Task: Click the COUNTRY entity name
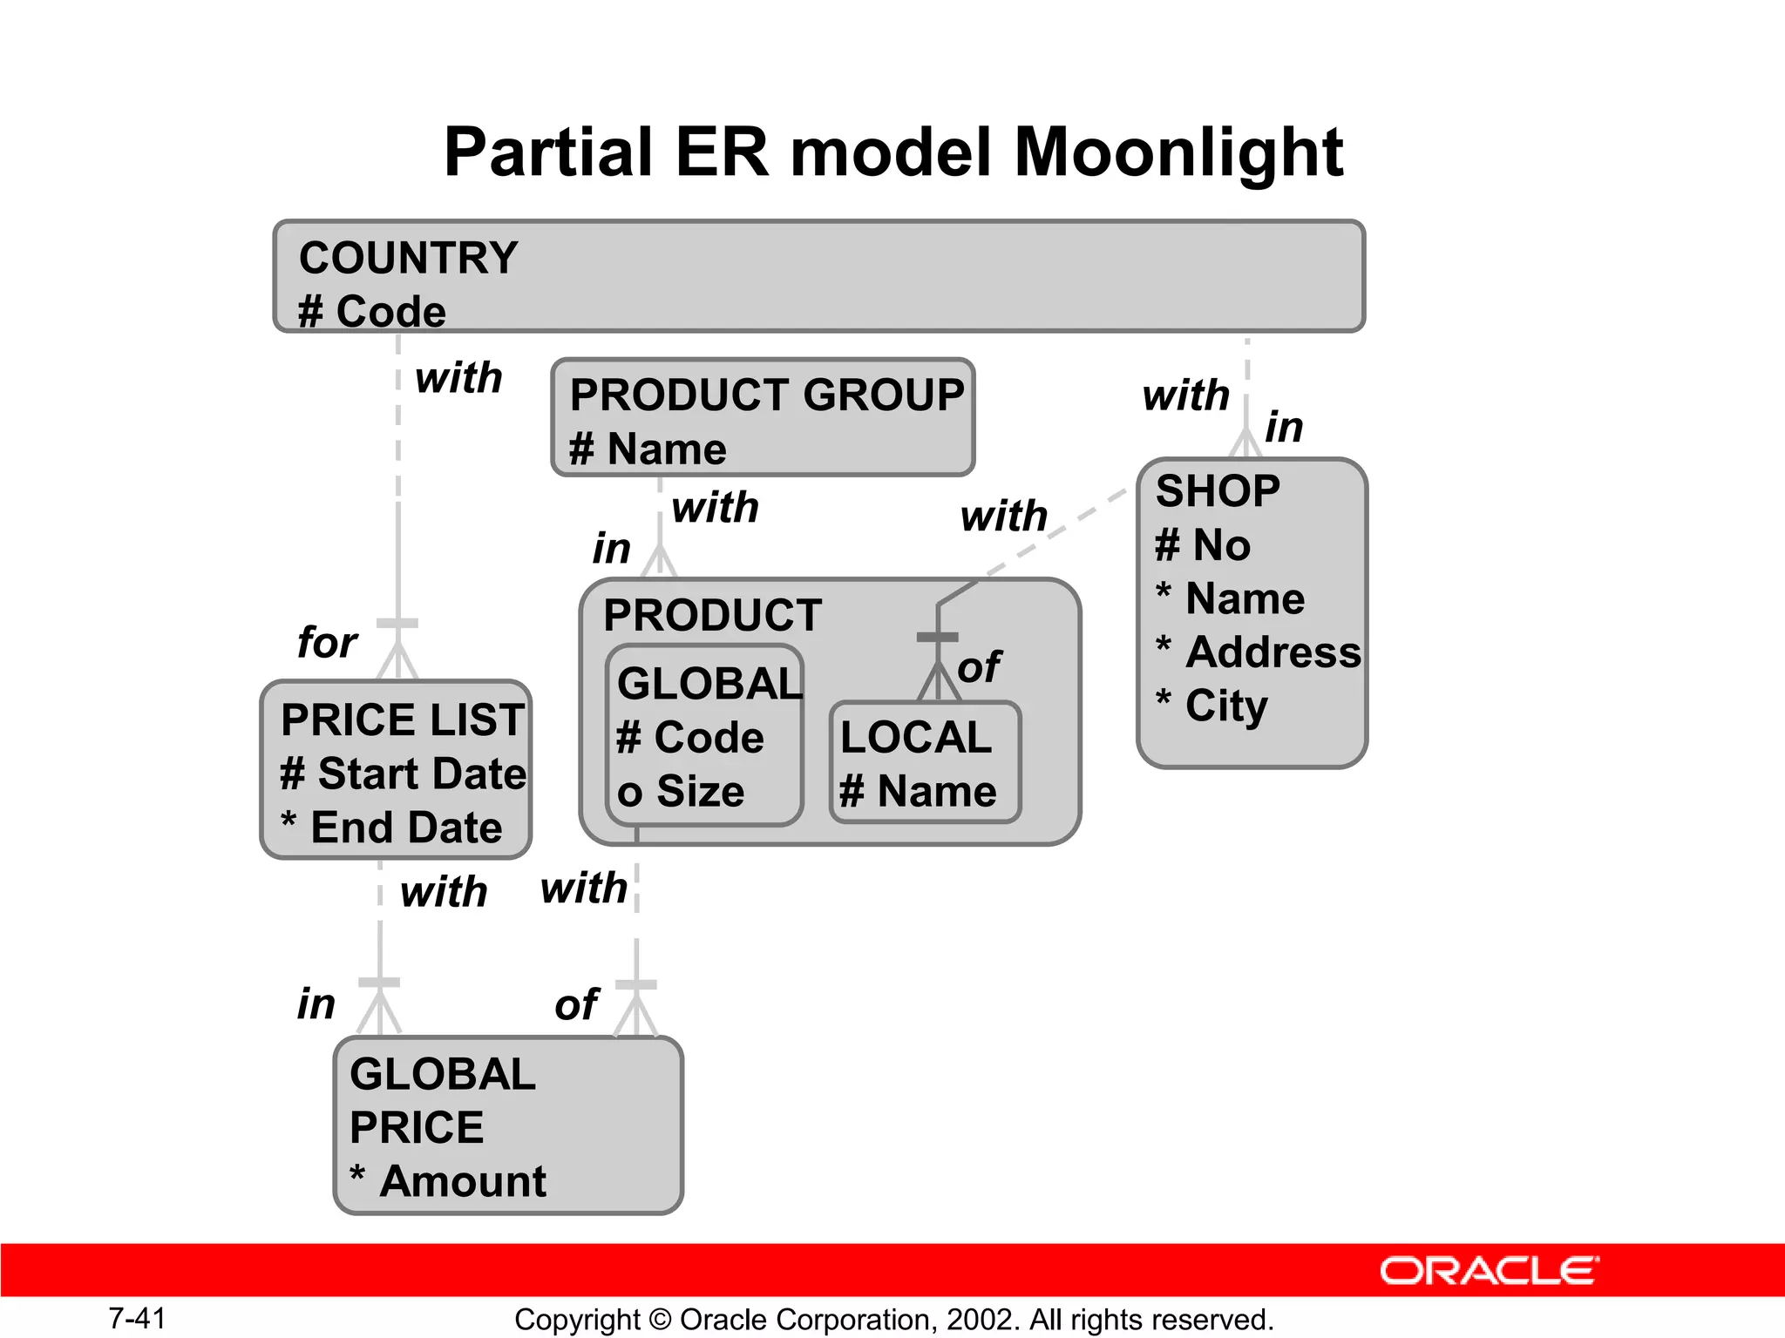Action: (x=408, y=258)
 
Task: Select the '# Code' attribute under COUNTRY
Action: (x=372, y=311)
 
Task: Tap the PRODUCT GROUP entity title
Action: (x=766, y=395)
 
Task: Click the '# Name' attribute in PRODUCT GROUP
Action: (x=648, y=449)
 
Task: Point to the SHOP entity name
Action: (x=1218, y=491)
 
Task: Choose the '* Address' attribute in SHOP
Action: (x=1258, y=652)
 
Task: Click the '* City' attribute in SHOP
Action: (x=1211, y=706)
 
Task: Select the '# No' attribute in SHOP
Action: (x=1203, y=545)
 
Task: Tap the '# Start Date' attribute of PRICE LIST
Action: (x=403, y=774)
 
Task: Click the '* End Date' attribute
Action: (x=391, y=828)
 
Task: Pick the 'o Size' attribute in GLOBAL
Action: (x=681, y=792)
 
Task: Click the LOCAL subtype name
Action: (x=916, y=738)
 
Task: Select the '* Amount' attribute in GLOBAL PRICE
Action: (x=448, y=1182)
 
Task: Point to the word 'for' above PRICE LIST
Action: (x=327, y=643)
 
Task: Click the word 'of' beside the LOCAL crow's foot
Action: (x=980, y=667)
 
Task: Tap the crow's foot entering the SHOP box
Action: (x=1246, y=443)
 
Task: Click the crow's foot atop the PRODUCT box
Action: (x=660, y=562)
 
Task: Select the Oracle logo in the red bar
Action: (x=1489, y=1271)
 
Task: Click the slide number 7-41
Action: (x=137, y=1318)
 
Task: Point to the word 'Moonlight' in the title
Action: (x=1178, y=152)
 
